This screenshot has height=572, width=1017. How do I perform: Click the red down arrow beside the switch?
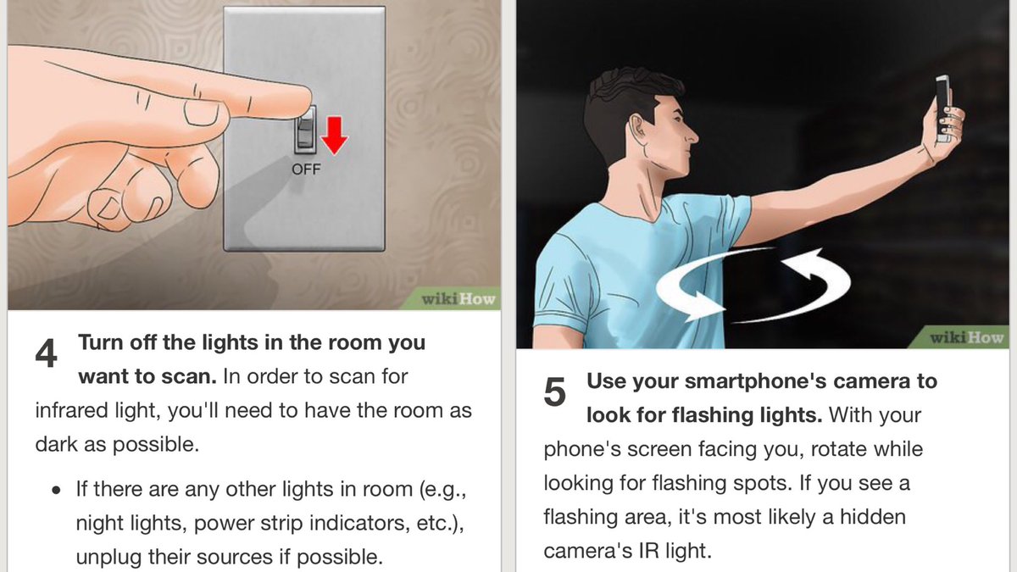tap(335, 136)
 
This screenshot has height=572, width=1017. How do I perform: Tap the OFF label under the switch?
tap(306, 169)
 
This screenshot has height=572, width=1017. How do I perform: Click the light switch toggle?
tap(306, 129)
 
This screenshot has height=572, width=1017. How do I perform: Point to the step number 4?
tap(46, 353)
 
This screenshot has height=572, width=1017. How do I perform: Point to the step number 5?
tap(554, 392)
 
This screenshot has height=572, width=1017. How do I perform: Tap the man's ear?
tap(637, 127)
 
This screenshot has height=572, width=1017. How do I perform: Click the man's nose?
tap(691, 134)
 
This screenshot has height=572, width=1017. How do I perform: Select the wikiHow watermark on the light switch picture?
tap(458, 299)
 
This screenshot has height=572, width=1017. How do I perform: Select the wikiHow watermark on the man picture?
tap(967, 338)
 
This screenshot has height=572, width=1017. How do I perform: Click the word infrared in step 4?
tap(72, 410)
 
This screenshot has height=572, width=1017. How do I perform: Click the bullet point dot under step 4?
tap(56, 491)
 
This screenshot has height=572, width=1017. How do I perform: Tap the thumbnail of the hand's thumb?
tap(202, 112)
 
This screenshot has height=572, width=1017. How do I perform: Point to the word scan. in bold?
tap(189, 377)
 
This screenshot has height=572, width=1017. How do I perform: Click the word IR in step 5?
tap(648, 551)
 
